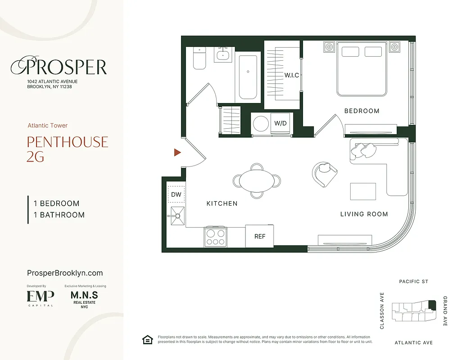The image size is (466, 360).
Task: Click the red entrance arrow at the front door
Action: coord(177,153)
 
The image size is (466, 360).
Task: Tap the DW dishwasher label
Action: coord(176,194)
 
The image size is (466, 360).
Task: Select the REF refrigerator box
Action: coord(260,236)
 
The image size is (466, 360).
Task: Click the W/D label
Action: coord(281,123)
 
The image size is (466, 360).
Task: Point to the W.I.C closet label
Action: coord(291,75)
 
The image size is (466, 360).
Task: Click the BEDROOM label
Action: coord(362,111)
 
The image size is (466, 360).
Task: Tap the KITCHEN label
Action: coord(222,203)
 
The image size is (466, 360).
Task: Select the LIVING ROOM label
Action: coord(364,214)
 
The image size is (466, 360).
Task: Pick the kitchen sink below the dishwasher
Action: coord(177,216)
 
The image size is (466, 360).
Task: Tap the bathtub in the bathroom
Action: coord(248,77)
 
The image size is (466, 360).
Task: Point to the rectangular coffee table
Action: coord(363,191)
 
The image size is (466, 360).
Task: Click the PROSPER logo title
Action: coord(59,67)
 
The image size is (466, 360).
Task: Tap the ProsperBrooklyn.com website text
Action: coord(65,273)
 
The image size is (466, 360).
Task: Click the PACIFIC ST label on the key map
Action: coord(413,282)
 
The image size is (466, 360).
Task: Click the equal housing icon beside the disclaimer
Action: coord(147,340)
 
